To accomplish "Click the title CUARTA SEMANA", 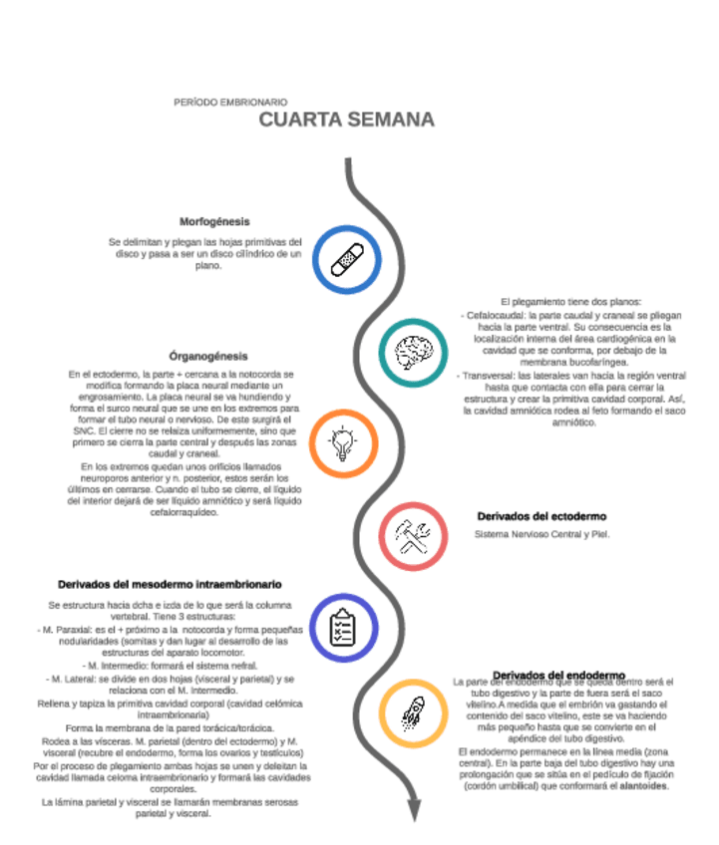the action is coord(346,121).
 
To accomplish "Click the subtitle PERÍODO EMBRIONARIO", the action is coord(230,102).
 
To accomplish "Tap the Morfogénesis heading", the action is coord(214,221).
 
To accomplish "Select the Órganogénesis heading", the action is coord(208,356).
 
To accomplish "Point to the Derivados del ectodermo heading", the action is coord(541,516).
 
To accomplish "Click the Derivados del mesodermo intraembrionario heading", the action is coord(170,584).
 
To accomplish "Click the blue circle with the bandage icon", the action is coord(347,258).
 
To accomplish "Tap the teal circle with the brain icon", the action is coord(413,350).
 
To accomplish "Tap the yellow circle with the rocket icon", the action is coord(413,713).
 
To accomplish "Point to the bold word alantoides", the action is coord(642,786).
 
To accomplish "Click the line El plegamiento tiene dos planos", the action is coord(570,301).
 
